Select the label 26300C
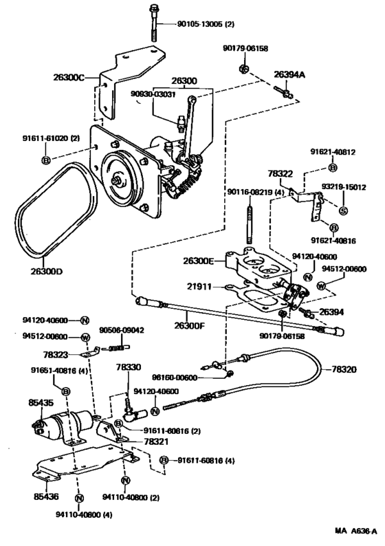click(68, 78)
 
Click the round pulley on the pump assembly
click(121, 180)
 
